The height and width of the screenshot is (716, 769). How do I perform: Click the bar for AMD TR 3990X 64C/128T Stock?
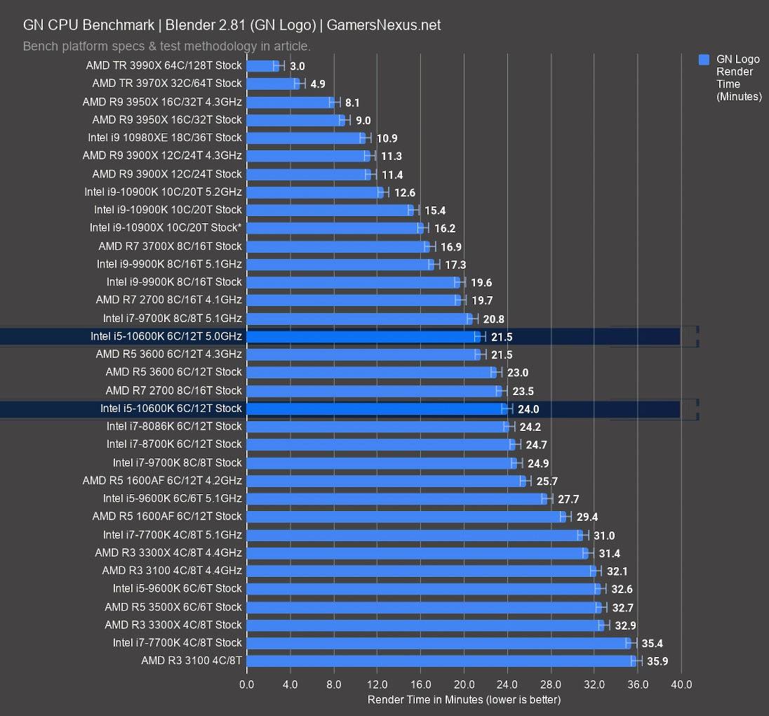point(262,66)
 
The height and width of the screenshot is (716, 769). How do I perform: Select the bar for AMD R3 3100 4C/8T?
point(441,661)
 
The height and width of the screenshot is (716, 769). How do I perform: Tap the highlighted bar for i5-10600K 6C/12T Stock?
point(377,409)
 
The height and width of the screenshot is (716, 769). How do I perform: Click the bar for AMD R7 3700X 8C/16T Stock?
point(337,246)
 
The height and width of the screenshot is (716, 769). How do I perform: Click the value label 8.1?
point(352,102)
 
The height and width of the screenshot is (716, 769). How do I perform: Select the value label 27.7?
point(568,499)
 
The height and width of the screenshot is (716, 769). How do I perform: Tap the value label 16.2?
point(445,228)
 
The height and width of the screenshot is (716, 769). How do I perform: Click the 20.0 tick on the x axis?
point(464,684)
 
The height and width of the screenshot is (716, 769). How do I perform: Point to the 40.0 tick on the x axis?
point(681,684)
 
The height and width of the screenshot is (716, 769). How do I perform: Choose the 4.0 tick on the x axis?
point(290,684)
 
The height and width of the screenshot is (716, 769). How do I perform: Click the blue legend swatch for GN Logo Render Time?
point(704,60)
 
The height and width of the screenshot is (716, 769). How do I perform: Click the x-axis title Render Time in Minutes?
point(464,700)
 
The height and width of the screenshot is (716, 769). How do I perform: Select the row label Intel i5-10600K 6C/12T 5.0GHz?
point(166,336)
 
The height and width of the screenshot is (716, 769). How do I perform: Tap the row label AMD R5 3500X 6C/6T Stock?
point(173,606)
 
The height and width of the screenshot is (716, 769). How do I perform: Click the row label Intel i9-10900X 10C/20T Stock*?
point(166,227)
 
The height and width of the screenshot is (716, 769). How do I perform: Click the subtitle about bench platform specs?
point(167,46)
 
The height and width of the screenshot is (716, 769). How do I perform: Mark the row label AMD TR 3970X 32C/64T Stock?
point(167,84)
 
